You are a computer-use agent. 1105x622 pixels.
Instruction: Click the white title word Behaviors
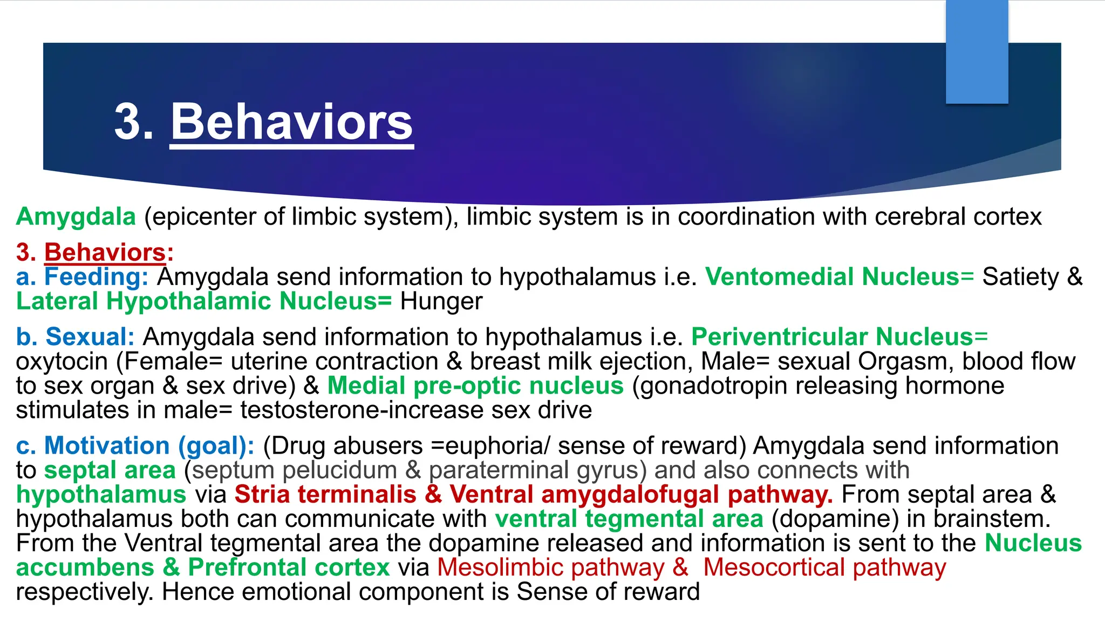point(292,122)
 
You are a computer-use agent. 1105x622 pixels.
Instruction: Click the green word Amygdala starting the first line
point(76,217)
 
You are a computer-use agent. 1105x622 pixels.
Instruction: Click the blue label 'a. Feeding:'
point(82,277)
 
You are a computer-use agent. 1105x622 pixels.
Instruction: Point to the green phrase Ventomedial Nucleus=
point(839,277)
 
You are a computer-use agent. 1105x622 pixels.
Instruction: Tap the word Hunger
point(441,301)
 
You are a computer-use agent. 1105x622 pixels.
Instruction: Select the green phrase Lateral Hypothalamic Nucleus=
point(204,301)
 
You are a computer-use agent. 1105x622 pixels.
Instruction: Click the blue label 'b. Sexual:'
point(75,337)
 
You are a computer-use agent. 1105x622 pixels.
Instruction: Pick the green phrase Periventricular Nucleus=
point(839,337)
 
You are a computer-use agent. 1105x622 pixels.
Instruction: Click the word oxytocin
point(62,361)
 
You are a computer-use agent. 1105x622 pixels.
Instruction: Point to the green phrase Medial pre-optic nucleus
point(475,386)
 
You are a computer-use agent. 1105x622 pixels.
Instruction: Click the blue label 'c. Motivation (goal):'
point(135,446)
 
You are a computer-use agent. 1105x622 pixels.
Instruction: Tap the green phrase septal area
point(110,470)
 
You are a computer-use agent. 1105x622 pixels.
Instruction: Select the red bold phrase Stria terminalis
point(325,495)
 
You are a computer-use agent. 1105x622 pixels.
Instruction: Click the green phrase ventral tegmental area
point(629,519)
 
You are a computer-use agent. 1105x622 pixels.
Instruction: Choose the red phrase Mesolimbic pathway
point(550,567)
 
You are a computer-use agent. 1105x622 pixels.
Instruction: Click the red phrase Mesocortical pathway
point(824,567)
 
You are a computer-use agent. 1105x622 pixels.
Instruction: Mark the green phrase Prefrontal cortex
point(289,567)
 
